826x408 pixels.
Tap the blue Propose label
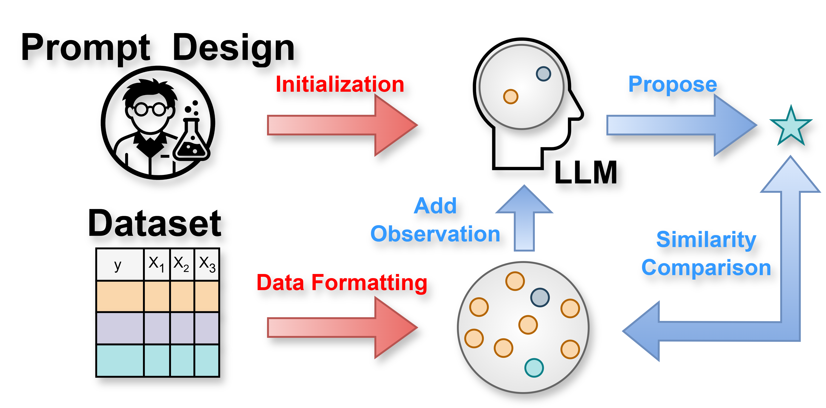pos(672,84)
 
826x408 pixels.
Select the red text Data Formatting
pos(342,283)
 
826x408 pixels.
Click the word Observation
pos(435,234)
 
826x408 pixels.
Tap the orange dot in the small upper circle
pos(511,97)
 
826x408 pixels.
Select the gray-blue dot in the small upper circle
pos(543,74)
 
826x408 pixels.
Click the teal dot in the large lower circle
pos(534,368)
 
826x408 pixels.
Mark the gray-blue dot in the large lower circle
pos(540,297)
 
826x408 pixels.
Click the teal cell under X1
pos(157,360)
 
